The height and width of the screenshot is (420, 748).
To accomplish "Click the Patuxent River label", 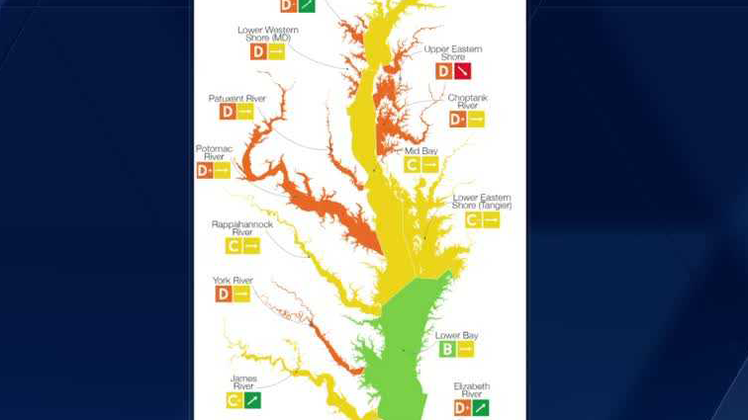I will point(237,99).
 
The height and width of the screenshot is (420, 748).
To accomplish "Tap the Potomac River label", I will point(214,152).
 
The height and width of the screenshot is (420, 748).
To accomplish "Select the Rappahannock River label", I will point(242,227).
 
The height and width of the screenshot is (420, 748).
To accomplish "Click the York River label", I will point(234,281).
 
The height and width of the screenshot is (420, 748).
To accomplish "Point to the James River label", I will point(243,381).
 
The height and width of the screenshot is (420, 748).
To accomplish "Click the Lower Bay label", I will point(456,335).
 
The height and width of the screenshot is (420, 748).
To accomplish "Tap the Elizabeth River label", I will point(472,389).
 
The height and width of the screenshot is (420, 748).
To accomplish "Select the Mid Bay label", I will point(421,151).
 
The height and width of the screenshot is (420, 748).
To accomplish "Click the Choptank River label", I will point(467,101).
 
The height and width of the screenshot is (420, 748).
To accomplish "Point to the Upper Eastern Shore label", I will point(453,52).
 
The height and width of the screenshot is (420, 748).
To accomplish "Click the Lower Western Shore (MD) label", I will point(267,34).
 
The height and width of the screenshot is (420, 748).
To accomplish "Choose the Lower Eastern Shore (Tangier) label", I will point(482,201).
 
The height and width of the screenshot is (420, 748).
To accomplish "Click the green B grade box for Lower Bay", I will point(446,350).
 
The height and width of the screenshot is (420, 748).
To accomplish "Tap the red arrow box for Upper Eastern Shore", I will point(462,71).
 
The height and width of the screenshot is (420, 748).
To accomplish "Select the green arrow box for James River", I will point(252,401).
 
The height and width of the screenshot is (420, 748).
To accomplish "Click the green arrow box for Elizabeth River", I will point(481,408).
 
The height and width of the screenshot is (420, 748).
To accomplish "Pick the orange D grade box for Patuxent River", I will point(227,113).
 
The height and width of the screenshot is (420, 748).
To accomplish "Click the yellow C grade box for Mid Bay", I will point(412,166).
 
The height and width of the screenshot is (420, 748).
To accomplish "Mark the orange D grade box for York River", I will point(223,294).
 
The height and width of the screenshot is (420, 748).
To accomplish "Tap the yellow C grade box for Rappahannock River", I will point(234,246).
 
